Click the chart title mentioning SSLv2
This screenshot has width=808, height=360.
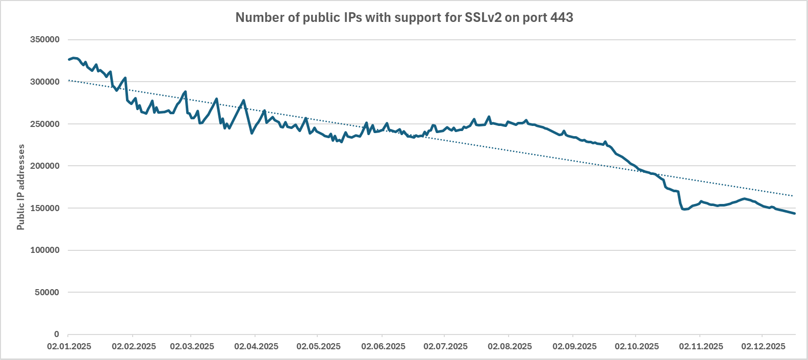pyautogui.click(x=404, y=18)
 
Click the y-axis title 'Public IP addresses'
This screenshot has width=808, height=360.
pyautogui.click(x=21, y=187)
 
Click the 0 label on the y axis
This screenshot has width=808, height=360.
pyautogui.click(x=57, y=335)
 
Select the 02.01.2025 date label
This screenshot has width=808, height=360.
pyautogui.click(x=69, y=347)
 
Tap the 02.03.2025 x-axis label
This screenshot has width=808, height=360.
pyautogui.click(x=192, y=347)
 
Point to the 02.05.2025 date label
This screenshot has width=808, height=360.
pyautogui.click(x=318, y=347)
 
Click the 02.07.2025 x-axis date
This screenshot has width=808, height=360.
pyautogui.click(x=445, y=347)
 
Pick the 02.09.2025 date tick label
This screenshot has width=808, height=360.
pyautogui.click(x=574, y=347)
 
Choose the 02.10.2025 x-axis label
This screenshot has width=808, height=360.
pyautogui.click(x=637, y=347)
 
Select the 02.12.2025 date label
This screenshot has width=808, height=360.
pyautogui.click(x=763, y=347)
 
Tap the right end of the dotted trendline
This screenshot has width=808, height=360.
pyautogui.click(x=794, y=196)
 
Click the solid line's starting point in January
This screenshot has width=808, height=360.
pyautogui.click(x=69, y=60)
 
